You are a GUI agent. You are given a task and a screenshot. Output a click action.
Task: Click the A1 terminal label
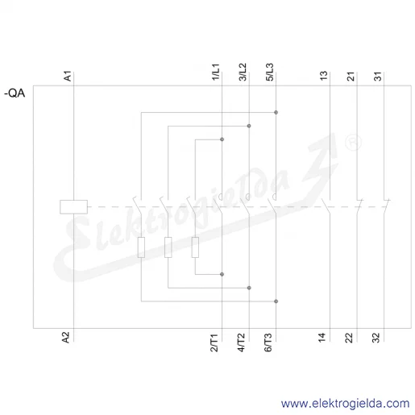(x=67, y=76)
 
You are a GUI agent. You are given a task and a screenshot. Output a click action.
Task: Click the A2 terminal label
(x=66, y=338)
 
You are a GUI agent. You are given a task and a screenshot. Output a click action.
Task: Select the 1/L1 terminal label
(x=216, y=72)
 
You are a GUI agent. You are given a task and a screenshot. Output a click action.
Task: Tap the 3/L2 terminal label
(x=243, y=72)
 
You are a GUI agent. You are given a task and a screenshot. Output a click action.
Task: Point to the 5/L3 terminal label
(x=270, y=72)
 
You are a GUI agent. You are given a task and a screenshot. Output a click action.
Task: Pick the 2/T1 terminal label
(x=214, y=342)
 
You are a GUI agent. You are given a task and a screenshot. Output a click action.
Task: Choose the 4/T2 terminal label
(x=241, y=342)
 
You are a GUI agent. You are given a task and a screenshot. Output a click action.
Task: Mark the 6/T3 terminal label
(x=268, y=342)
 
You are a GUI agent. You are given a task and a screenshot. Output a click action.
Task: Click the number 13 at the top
(x=324, y=76)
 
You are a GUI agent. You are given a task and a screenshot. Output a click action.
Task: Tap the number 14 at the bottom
(x=322, y=338)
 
